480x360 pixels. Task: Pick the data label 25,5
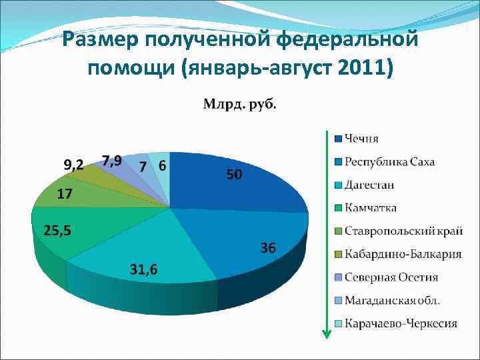(58, 231)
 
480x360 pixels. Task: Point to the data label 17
(65, 195)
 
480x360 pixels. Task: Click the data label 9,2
(73, 164)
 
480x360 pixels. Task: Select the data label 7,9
(111, 161)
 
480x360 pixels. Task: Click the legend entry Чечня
(361, 139)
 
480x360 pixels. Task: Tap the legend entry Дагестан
(369, 185)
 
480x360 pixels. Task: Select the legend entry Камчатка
(370, 208)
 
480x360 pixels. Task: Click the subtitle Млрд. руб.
(239, 103)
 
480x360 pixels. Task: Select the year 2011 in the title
(355, 67)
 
